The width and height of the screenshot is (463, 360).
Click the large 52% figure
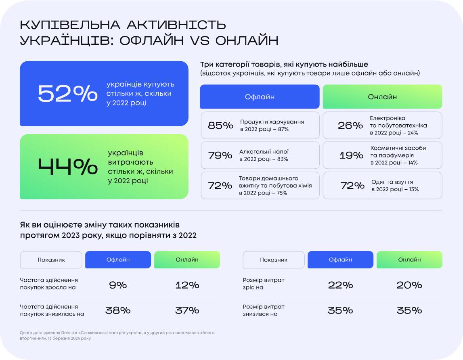pyautogui.click(x=68, y=94)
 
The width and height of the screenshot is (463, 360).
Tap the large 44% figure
pyautogui.click(x=68, y=167)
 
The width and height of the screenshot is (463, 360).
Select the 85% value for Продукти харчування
pyautogui.click(x=220, y=126)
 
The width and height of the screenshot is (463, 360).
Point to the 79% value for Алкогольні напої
pyautogui.click(x=220, y=155)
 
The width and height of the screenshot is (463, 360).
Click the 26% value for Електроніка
pyautogui.click(x=350, y=126)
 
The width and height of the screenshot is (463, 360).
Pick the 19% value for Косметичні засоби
pyautogui.click(x=351, y=155)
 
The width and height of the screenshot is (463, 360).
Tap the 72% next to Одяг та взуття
pyautogui.click(x=352, y=186)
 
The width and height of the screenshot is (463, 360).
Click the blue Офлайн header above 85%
pyautogui.click(x=260, y=97)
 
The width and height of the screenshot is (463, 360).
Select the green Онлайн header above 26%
pyautogui.click(x=382, y=97)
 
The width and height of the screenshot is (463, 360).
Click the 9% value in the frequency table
pyautogui.click(x=118, y=285)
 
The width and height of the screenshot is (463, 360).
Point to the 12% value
pyautogui.click(x=187, y=285)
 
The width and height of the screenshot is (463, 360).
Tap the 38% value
pyautogui.click(x=118, y=310)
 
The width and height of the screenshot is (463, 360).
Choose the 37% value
pyautogui.click(x=187, y=310)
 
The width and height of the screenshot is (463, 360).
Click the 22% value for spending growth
pyautogui.click(x=340, y=285)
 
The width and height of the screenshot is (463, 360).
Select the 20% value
pyautogui.click(x=409, y=285)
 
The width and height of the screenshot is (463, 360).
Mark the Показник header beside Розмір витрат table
pyautogui.click(x=274, y=260)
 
